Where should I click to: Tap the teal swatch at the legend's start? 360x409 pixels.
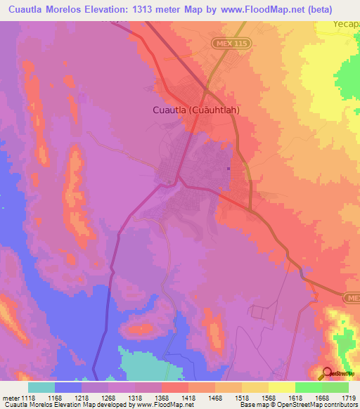(x=41, y=387)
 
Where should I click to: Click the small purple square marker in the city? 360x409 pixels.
(x=229, y=167)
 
